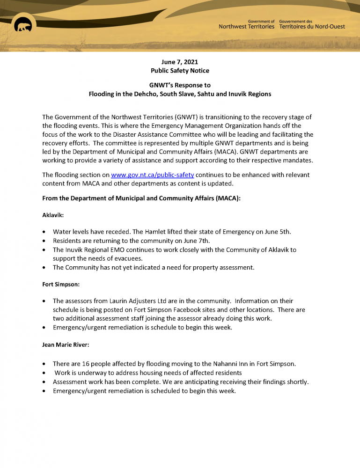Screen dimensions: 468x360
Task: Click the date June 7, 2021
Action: point(180,62)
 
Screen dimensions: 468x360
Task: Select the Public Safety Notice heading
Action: point(180,71)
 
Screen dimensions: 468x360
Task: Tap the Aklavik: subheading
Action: point(54,217)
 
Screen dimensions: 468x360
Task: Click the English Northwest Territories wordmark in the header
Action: point(246,26)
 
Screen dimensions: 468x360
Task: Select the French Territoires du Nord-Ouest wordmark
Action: point(312,26)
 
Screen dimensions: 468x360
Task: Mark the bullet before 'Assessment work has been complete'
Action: point(44,382)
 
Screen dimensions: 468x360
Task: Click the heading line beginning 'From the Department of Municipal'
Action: point(141,198)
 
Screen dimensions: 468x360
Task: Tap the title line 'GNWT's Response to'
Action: point(180,85)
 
